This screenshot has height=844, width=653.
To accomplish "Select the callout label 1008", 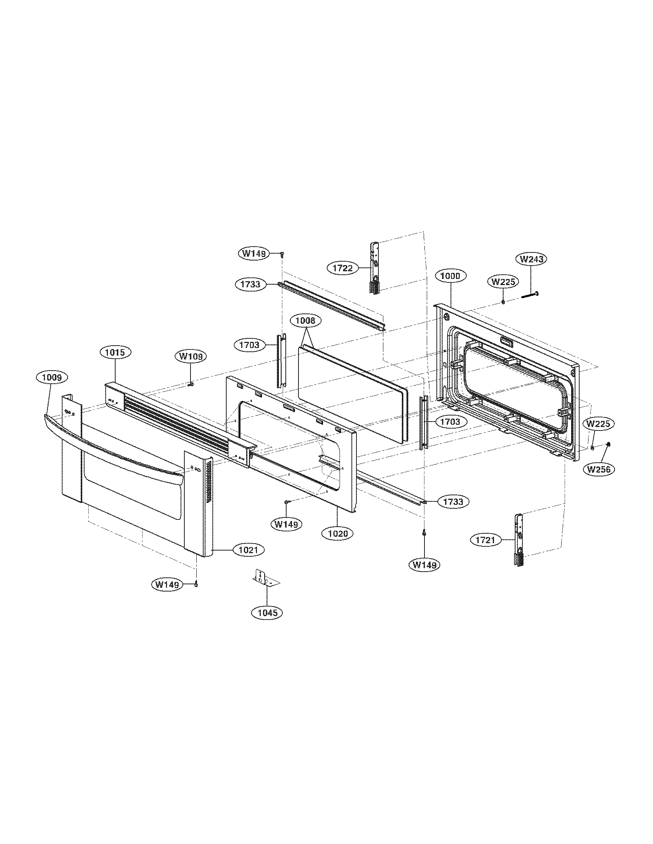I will tap(305, 321).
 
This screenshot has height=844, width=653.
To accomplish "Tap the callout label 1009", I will tap(52, 377).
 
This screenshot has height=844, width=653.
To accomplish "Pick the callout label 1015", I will tap(116, 353).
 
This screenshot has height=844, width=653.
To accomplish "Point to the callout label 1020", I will tap(335, 534).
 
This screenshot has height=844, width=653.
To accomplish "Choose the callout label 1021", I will tap(248, 549).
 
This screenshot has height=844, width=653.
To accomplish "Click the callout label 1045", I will tap(267, 613).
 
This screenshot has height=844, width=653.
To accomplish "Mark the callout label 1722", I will tap(342, 268).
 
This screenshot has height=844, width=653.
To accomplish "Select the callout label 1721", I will tap(486, 540).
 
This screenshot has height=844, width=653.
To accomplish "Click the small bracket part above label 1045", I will tap(265, 581).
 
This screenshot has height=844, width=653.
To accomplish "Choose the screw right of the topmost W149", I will tap(282, 254).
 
